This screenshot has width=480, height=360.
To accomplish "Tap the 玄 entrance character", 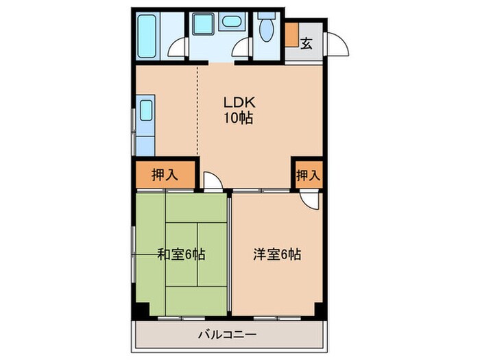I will (307, 43).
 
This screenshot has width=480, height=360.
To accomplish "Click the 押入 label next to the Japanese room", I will (165, 174).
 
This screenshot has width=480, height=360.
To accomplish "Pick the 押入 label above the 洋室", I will (308, 175).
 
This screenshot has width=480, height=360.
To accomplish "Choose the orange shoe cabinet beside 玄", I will (291, 36).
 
